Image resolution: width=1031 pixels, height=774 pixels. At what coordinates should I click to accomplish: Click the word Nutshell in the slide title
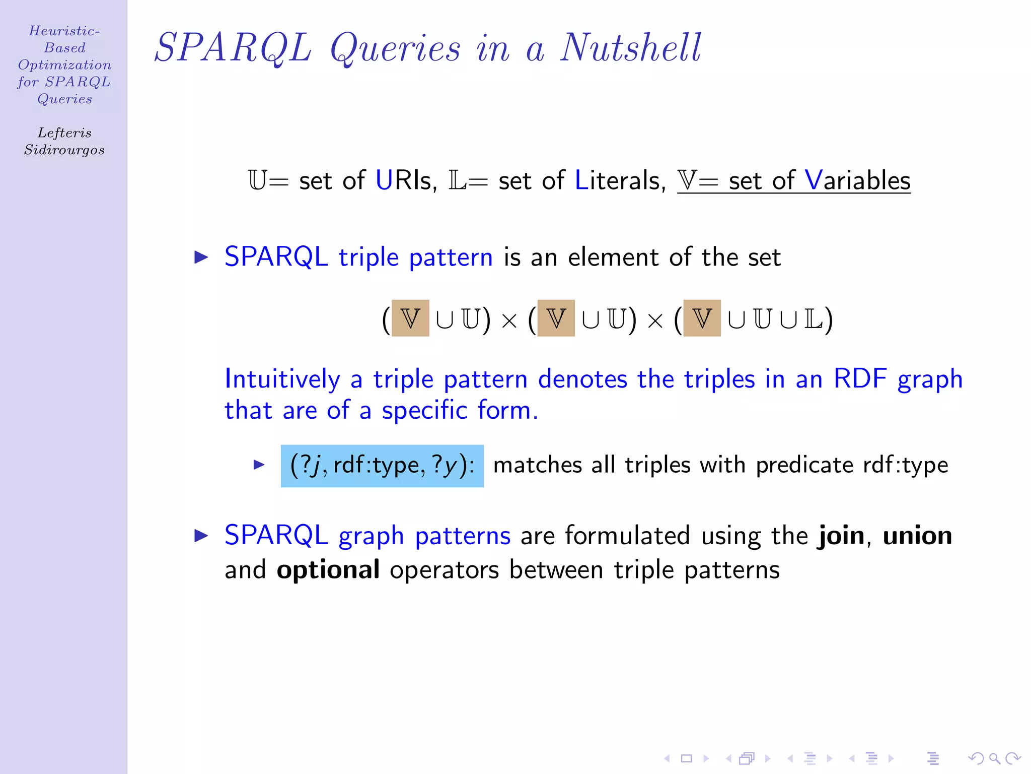(630, 48)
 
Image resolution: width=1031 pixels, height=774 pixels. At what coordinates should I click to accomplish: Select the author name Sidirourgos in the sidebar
(64, 150)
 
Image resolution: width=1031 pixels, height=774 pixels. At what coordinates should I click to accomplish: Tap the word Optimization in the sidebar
(64, 65)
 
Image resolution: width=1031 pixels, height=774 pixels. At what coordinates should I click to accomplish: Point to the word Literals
(617, 180)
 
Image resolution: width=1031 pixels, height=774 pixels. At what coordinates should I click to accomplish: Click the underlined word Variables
(857, 180)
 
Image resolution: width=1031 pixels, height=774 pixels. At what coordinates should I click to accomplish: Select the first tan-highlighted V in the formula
(410, 318)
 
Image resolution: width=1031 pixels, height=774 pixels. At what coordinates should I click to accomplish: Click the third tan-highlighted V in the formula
(702, 318)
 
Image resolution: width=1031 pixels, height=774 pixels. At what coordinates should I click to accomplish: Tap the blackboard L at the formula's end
(814, 318)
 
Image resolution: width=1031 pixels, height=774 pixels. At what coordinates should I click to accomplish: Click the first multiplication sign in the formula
(509, 320)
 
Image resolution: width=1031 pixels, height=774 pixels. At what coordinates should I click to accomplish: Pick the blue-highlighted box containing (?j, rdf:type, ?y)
(382, 466)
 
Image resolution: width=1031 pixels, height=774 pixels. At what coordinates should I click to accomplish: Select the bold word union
(917, 536)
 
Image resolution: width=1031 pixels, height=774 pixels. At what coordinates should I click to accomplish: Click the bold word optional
(328, 570)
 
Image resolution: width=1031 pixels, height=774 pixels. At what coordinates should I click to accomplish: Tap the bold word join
(841, 536)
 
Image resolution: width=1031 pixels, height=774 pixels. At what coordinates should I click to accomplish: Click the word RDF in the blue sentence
(860, 379)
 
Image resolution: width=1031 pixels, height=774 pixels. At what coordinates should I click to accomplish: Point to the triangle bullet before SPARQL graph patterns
(201, 536)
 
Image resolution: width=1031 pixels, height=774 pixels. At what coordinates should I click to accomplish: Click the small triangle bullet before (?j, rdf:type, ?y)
(259, 465)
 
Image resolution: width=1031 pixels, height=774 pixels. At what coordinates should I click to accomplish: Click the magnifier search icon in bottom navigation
(994, 758)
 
